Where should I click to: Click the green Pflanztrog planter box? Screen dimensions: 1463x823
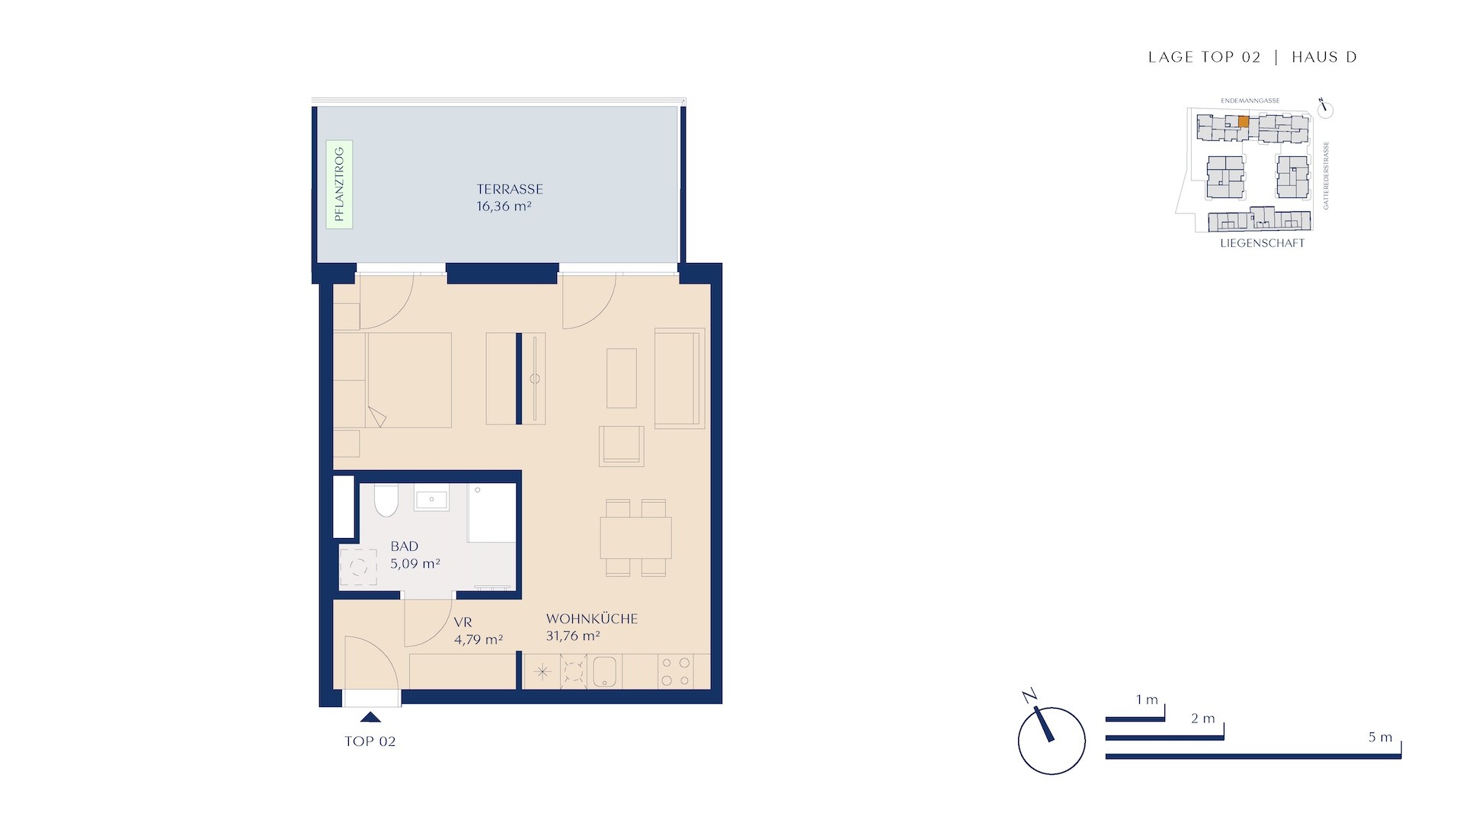[x=339, y=184]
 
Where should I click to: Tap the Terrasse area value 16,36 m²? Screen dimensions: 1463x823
[x=504, y=207]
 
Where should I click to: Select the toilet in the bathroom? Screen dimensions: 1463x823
[x=386, y=500]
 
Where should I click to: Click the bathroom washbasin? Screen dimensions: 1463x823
[x=431, y=499]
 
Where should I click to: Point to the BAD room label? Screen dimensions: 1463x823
[x=405, y=546]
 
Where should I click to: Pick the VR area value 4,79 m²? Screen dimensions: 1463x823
[x=479, y=640]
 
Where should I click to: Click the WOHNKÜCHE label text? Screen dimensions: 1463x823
[x=592, y=619]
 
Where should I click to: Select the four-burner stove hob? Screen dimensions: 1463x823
[x=676, y=671]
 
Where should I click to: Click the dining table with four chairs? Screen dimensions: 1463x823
[x=635, y=538]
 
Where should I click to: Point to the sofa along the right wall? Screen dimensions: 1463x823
[x=680, y=377]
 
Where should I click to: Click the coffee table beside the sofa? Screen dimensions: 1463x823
[x=622, y=378]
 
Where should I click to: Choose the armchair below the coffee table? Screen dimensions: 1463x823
[x=622, y=446]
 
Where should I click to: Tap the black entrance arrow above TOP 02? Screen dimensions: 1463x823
[x=370, y=716]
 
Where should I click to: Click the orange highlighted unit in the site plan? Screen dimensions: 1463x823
[x=1244, y=121]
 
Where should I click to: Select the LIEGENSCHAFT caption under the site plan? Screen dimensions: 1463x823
[x=1263, y=243]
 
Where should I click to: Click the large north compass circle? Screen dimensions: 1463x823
[x=1052, y=741]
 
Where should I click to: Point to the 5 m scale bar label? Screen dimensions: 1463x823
[x=1380, y=737]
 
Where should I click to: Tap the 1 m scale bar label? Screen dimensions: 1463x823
[x=1147, y=700]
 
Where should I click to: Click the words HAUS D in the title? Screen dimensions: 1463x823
[x=1324, y=57]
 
